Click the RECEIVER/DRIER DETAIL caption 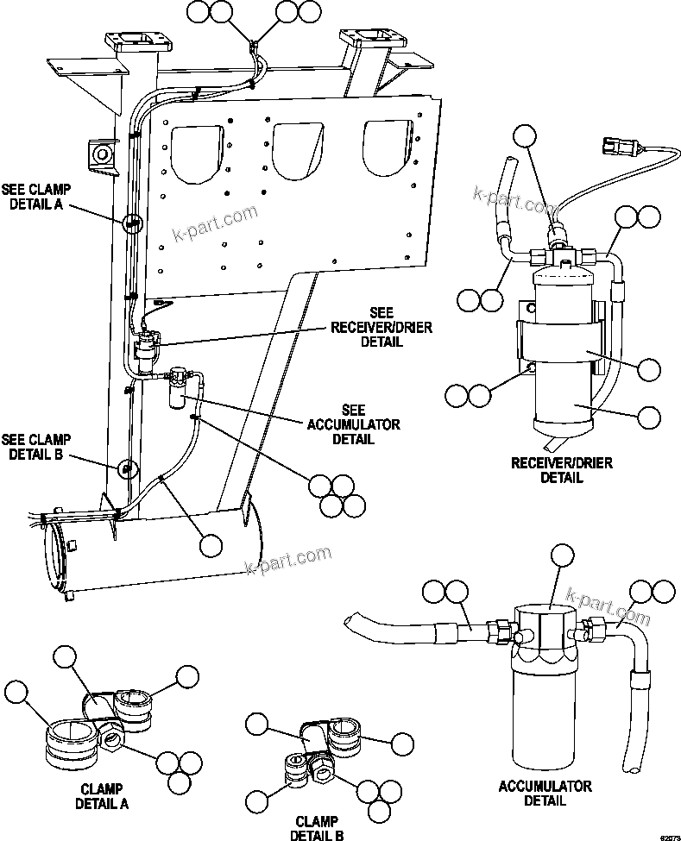coord(562,470)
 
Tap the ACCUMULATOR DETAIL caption coord(545,793)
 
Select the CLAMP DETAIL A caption coord(102,796)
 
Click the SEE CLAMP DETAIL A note coord(36,196)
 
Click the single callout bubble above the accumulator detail coord(563,557)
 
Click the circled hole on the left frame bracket coord(102,154)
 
